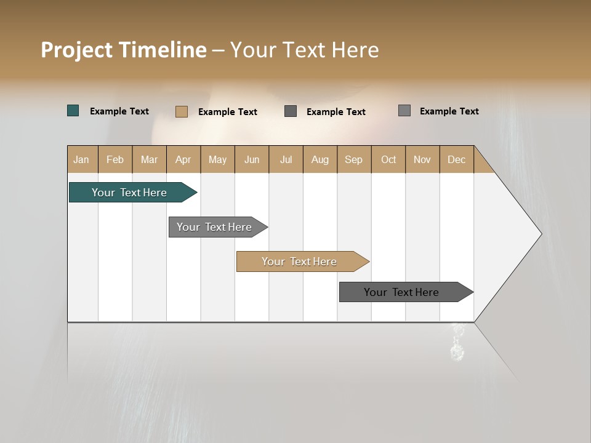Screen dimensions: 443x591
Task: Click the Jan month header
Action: pyautogui.click(x=82, y=159)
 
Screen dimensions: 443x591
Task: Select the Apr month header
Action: pyautogui.click(x=183, y=159)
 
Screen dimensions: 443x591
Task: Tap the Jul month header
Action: pyautogui.click(x=286, y=159)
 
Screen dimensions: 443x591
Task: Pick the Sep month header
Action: pyautogui.click(x=354, y=159)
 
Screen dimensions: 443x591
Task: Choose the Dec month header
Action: pyautogui.click(x=456, y=159)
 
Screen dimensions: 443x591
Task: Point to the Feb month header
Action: pyautogui.click(x=115, y=159)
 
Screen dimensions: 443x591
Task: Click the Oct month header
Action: pyautogui.click(x=388, y=159)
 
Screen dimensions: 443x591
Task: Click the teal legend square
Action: pyautogui.click(x=73, y=111)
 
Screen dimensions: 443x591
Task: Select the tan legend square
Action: pyautogui.click(x=182, y=111)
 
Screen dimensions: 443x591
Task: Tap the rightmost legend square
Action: pyautogui.click(x=404, y=111)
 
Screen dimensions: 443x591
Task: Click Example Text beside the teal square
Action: pyautogui.click(x=119, y=111)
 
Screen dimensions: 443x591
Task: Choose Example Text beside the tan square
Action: pyautogui.click(x=228, y=112)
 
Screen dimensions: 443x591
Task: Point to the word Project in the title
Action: pyautogui.click(x=76, y=50)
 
